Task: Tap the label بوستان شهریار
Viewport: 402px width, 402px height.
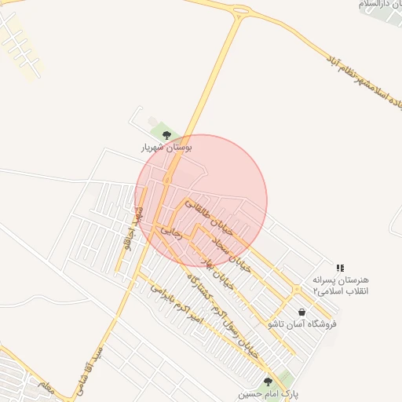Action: pos(166,147)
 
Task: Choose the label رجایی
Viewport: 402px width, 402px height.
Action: pos(170,232)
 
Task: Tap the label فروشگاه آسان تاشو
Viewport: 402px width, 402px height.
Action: pos(302,323)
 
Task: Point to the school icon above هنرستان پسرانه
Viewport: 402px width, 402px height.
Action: pos(340,268)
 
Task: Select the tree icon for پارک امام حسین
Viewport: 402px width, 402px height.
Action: pos(268,381)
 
